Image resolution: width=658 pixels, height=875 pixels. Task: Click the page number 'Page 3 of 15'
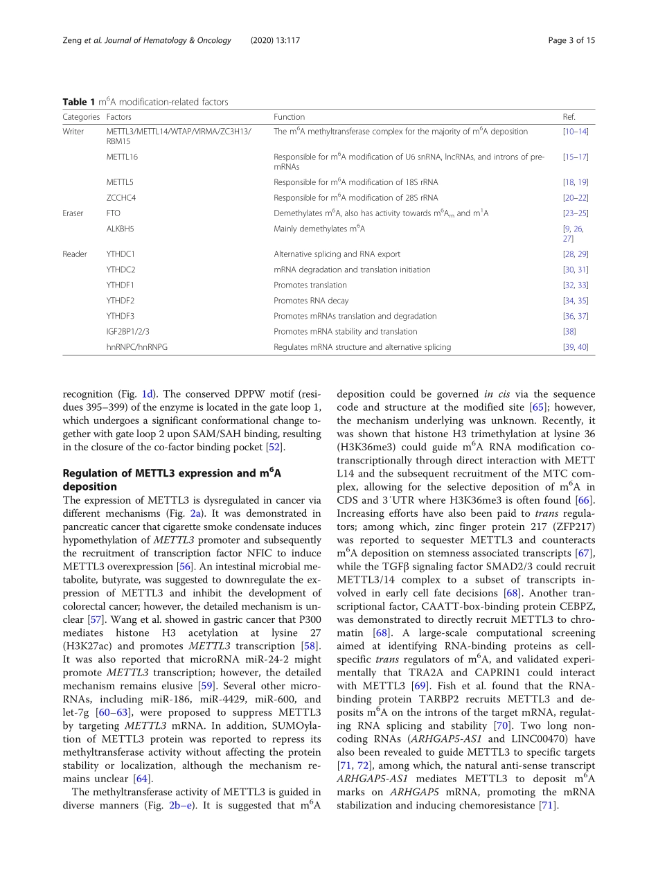(571, 40)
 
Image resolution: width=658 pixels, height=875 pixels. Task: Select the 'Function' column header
(289, 117)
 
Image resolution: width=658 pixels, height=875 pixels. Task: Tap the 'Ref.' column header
(569, 117)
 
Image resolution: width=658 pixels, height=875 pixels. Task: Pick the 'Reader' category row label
(75, 254)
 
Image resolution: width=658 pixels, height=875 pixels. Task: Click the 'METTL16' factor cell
(122, 157)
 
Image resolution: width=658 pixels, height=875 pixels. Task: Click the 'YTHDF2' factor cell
(121, 301)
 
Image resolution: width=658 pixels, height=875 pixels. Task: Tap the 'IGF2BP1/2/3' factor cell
(128, 331)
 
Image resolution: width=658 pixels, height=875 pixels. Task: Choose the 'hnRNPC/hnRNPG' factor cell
(137, 347)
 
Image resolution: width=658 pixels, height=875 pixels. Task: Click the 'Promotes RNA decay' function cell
(311, 301)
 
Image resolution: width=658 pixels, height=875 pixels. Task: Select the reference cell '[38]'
(569, 331)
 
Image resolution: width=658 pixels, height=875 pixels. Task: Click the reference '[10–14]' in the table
(576, 132)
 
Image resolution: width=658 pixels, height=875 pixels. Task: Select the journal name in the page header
(167, 40)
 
